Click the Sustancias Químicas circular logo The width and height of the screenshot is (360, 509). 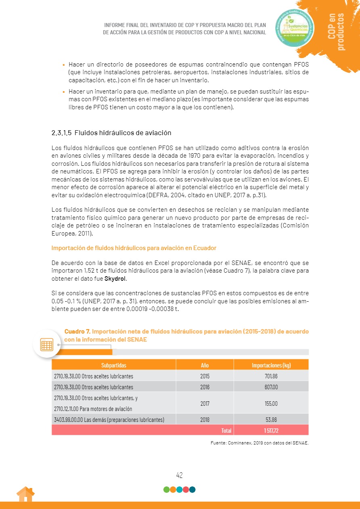[295, 28]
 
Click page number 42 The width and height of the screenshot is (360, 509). [180, 475]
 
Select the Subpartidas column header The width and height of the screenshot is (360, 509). [113, 365]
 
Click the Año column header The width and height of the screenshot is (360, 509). [205, 365]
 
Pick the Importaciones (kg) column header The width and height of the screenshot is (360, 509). [271, 365]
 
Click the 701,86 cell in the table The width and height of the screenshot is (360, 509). [271, 376]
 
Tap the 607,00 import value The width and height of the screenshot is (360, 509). [271, 387]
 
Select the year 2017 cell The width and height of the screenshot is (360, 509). [205, 403]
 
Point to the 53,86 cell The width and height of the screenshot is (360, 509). [271, 419]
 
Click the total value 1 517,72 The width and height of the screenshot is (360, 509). [271, 430]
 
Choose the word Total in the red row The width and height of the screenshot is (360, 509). [226, 430]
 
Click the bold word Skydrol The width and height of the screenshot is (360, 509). [115, 279]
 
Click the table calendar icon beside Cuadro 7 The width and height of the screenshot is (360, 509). [46, 344]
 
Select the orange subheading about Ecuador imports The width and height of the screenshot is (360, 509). [134, 248]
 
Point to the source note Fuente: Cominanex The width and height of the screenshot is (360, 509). [260, 443]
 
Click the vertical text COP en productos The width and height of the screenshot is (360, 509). [337, 32]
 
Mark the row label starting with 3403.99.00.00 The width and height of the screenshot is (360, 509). [109, 419]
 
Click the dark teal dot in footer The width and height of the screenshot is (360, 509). [192, 490]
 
